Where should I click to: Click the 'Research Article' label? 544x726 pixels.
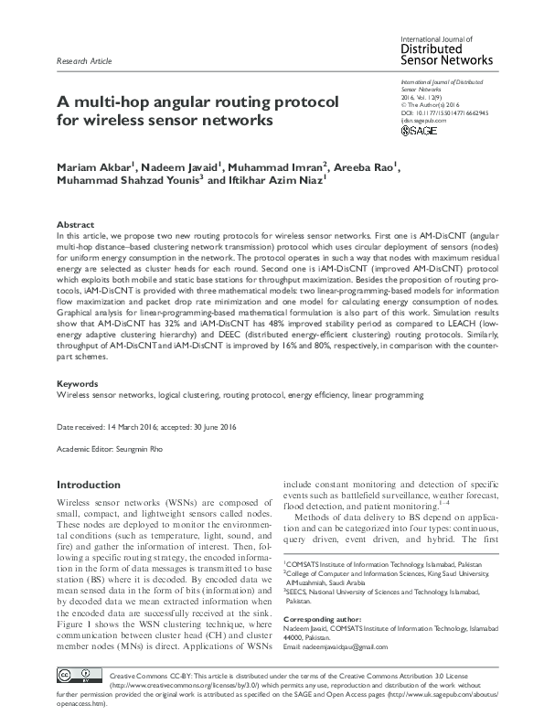click(x=84, y=61)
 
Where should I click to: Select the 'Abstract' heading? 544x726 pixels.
click(x=75, y=224)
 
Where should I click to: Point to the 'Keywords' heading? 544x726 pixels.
click(x=77, y=384)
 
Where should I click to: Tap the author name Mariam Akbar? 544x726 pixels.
click(x=93, y=167)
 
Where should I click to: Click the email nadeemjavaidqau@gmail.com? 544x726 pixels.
click(x=355, y=646)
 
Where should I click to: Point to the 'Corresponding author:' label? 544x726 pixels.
click(x=324, y=619)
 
